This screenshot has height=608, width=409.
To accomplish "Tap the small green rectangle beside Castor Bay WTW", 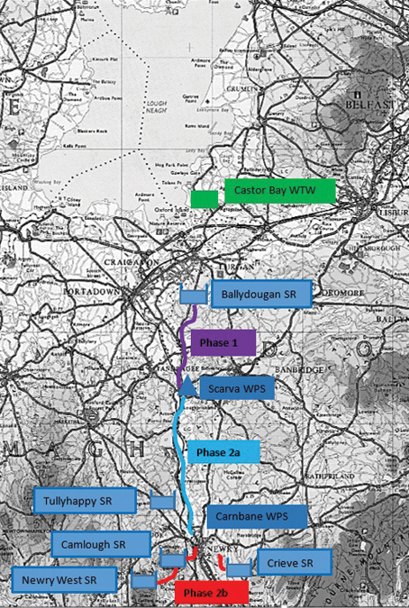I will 204,198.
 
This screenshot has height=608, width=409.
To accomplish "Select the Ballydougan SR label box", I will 261,294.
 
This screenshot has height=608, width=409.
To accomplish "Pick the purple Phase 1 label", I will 224,343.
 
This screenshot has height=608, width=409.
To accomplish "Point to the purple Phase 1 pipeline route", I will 186,347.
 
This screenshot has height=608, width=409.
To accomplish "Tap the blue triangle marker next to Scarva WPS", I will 186,387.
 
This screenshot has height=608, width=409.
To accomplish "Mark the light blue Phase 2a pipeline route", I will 179,450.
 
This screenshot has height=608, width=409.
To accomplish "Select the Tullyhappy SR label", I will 86,499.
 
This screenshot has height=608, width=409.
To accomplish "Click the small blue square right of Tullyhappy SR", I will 162,501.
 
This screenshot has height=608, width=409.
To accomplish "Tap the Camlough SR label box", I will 100,543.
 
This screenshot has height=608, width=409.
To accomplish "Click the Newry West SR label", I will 65,579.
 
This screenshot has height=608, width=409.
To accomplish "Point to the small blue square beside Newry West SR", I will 143,581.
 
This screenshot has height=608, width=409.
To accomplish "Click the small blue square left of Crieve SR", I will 239,568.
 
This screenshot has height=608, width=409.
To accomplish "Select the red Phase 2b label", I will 204,594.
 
